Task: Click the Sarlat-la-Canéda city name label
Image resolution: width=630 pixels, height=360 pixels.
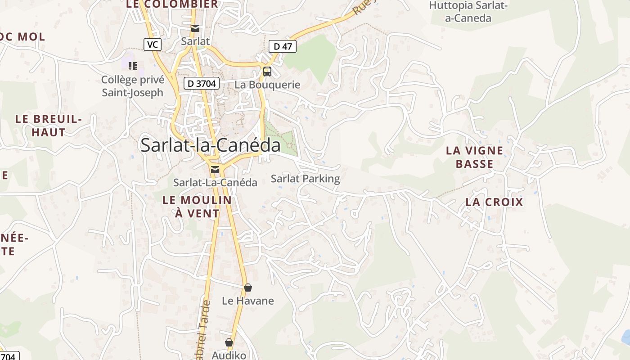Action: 210,145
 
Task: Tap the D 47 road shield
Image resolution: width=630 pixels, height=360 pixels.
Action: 283,46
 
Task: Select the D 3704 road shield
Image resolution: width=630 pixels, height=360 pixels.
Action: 201,83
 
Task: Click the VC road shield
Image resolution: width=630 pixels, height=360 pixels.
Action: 153,45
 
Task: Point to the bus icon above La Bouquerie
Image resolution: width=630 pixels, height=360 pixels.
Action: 267,71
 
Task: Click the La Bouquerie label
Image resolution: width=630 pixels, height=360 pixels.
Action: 267,85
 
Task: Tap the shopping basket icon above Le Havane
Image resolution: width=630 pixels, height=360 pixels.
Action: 247,288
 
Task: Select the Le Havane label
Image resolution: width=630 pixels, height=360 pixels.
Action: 247,301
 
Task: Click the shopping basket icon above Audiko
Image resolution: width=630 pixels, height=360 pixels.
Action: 229,342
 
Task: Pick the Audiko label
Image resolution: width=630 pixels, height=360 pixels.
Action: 229,355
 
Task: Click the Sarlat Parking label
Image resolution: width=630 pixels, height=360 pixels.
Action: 305,179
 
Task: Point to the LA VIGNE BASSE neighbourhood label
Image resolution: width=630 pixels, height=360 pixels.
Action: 474,157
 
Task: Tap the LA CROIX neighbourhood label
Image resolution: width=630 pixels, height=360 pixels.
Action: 494,202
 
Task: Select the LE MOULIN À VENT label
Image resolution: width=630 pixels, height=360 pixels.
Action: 197,207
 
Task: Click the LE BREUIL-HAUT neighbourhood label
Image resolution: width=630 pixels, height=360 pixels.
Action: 49,126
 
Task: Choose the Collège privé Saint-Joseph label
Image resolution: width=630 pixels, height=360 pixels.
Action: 132,86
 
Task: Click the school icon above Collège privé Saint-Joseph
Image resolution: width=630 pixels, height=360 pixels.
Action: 132,66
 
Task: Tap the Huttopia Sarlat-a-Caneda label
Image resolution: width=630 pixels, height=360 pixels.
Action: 468,12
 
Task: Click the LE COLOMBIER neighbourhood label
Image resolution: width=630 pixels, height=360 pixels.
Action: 172,4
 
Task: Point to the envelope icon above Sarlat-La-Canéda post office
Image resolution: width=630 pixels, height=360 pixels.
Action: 215,169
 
